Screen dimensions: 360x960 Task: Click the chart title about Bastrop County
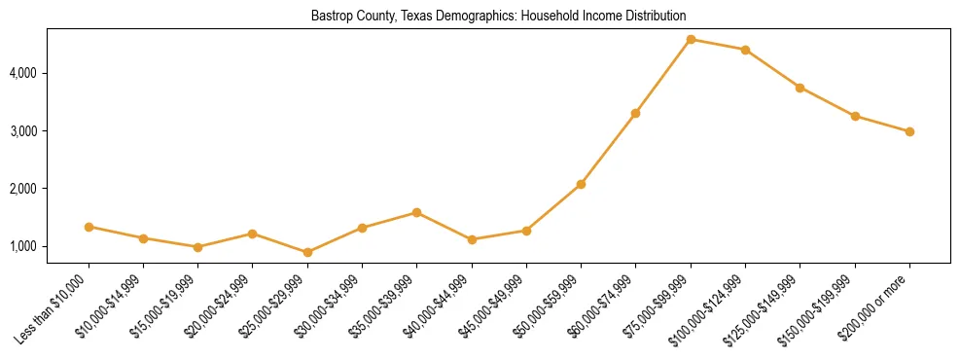[x=498, y=17]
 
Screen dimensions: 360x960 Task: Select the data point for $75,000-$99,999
[x=691, y=39]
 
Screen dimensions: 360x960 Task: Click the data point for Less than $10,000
[x=89, y=227]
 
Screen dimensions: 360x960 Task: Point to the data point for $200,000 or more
[x=909, y=131]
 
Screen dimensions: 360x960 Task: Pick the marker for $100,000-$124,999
[x=745, y=50]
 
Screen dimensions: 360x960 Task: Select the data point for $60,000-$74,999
[x=635, y=113]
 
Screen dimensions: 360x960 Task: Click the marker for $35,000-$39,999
[x=416, y=212]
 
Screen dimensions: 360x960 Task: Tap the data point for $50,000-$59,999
[x=581, y=184]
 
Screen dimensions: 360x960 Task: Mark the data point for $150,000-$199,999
[x=855, y=116]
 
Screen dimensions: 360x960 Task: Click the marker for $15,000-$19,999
[x=197, y=247]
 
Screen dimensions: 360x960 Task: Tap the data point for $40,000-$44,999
[x=472, y=239]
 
